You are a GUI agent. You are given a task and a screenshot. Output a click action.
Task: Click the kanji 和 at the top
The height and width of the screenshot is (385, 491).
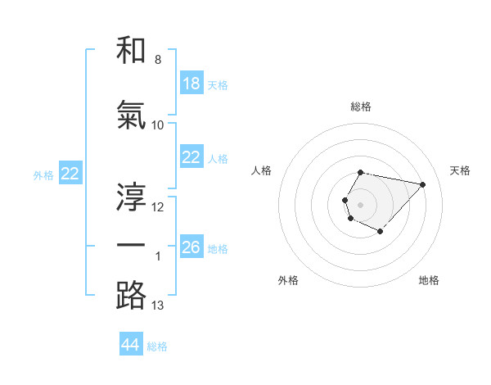point(131,51)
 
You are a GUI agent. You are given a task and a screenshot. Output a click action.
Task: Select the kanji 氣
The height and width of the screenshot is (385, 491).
point(131,115)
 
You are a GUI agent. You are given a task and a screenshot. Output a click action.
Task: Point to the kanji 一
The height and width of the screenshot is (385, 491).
point(131,246)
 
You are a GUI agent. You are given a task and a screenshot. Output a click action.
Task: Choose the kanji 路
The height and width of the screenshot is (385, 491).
point(131,295)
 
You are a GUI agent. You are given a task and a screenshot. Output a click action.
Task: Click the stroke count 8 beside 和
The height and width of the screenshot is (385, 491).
point(158,60)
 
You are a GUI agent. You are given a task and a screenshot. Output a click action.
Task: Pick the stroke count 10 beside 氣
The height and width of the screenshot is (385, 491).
point(158,125)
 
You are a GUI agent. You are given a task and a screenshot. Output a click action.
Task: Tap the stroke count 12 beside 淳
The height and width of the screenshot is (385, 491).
point(158,206)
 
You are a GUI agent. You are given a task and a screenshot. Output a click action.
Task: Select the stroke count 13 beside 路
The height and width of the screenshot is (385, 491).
point(158,306)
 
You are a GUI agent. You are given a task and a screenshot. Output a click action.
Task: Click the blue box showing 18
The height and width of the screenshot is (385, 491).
point(191,84)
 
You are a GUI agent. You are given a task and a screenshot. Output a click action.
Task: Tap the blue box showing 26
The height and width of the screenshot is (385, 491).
point(191,247)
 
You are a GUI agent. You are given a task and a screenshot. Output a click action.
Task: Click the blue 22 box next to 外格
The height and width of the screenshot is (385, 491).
point(70,174)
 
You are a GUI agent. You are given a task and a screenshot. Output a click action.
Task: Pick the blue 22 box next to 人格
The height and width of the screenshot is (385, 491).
point(191,157)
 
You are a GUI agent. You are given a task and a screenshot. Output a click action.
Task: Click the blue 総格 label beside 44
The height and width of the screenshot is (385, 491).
point(157,346)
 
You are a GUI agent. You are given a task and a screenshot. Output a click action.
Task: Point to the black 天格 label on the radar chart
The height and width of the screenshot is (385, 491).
point(460,170)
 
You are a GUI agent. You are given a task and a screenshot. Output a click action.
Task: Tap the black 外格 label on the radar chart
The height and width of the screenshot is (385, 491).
point(288,280)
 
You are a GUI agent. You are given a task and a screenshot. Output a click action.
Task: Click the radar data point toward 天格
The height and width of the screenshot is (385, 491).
point(422,184)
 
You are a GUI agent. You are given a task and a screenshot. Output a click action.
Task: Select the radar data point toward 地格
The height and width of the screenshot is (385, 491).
point(381,232)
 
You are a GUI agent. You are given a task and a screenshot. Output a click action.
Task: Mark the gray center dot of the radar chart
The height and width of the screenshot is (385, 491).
point(360,203)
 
